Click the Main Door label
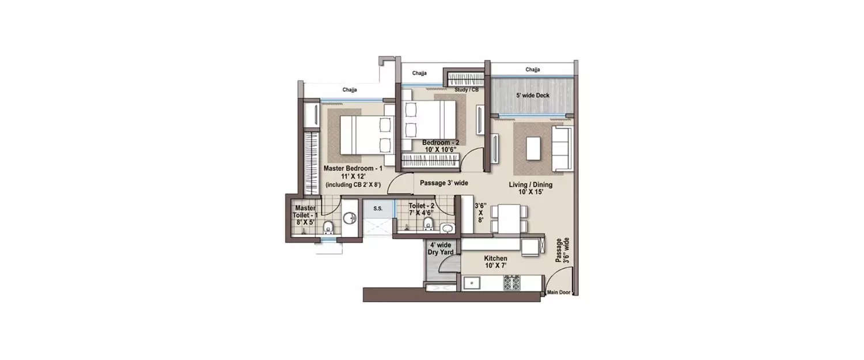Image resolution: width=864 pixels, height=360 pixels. pos(558,293)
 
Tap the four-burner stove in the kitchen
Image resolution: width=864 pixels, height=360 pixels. pos(513,283)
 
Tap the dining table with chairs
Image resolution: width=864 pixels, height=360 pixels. pos(509,219)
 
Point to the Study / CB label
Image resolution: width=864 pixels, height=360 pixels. pos(467,90)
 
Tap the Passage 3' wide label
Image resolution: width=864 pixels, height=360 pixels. pos(444,183)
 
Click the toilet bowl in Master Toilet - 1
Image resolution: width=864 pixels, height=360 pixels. pos(328,228)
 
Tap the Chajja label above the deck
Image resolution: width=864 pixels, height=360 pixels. pos(533,70)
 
